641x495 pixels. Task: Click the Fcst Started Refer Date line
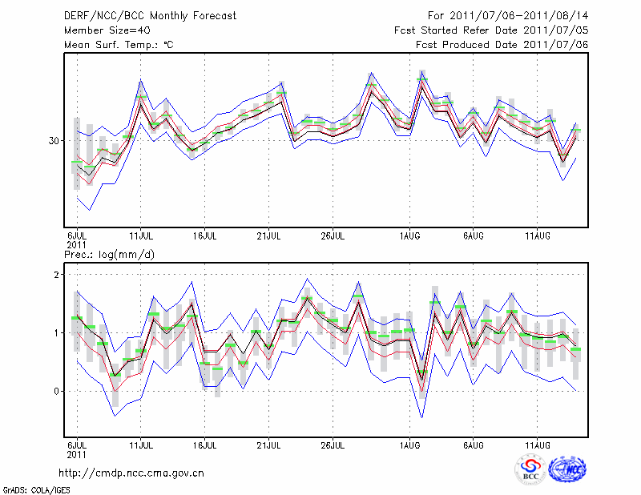(491, 30)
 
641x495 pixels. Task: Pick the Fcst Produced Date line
(502, 45)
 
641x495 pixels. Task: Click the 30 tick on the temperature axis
(54, 141)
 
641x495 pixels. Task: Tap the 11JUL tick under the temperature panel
(142, 236)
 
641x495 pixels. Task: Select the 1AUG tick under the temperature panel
(409, 236)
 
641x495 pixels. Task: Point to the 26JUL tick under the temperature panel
(333, 236)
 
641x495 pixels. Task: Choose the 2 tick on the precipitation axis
(58, 275)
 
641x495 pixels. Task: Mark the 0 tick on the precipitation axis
(58, 392)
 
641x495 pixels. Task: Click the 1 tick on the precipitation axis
(58, 333)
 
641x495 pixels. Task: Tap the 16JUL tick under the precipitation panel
(205, 445)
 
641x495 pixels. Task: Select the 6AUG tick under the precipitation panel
(474, 445)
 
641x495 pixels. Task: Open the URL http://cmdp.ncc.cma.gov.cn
(134, 473)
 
